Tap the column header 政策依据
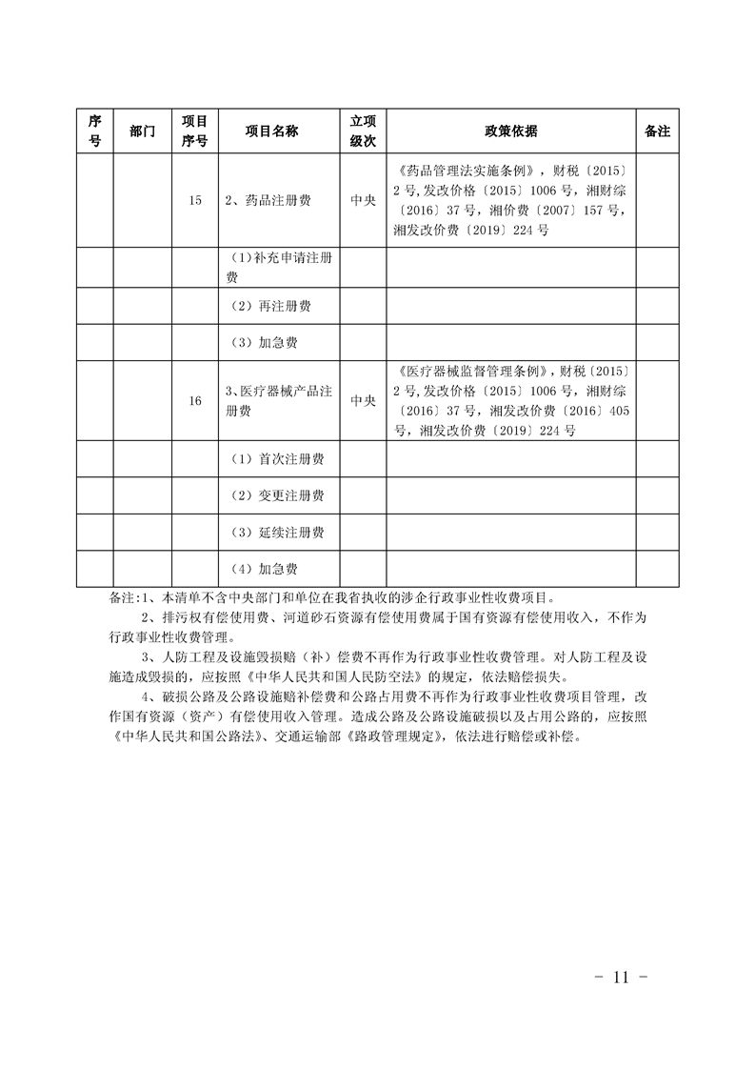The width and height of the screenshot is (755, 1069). click(x=510, y=131)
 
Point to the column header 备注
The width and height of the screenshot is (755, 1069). click(x=657, y=131)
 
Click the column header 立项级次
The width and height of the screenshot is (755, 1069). click(x=364, y=131)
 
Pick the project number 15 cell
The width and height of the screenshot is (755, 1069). click(x=195, y=201)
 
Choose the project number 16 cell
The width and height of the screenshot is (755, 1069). click(x=195, y=401)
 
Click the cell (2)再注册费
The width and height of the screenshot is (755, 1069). click(x=272, y=307)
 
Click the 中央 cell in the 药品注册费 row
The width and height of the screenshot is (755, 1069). click(x=364, y=201)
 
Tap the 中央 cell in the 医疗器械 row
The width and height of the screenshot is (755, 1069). click(x=364, y=401)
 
